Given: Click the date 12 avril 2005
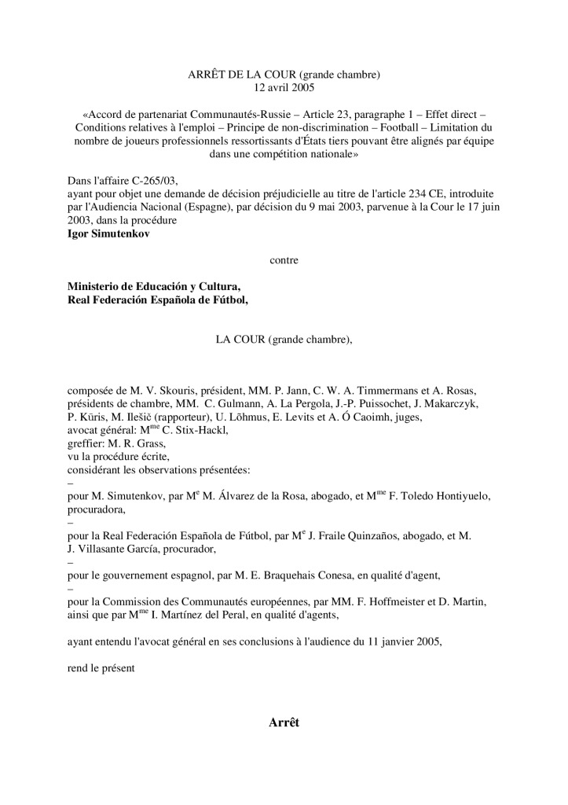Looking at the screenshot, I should (284, 88).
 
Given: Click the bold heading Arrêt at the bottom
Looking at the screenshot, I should (284, 723).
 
